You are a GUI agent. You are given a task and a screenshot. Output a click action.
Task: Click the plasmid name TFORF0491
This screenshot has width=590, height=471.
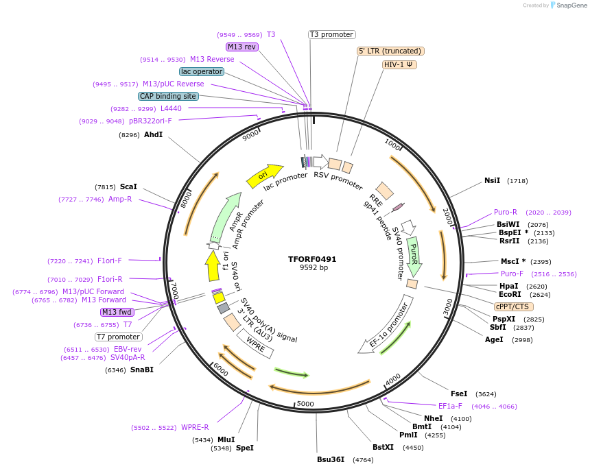click(x=312, y=259)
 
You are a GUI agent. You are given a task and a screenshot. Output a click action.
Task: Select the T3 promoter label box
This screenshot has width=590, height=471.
click(x=331, y=34)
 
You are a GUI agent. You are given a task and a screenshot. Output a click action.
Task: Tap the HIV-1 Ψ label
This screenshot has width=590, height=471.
click(x=400, y=64)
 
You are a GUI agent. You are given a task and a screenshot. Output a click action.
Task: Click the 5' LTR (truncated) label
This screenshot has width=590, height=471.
click(x=390, y=51)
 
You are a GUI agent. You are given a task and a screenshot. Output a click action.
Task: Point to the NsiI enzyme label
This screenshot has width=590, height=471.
click(x=492, y=180)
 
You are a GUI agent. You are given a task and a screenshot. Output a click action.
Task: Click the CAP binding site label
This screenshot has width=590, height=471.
click(x=168, y=96)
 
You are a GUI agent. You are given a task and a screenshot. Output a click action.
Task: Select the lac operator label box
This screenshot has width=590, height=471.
click(x=202, y=71)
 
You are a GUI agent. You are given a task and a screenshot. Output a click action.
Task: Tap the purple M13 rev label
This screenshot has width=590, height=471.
click(x=241, y=47)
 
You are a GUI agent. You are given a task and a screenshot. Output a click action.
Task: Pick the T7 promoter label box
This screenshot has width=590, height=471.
click(x=118, y=337)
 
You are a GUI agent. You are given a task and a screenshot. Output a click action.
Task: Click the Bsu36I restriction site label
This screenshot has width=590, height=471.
click(x=331, y=459)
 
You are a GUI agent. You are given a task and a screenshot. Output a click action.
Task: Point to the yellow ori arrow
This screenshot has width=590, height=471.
click(x=265, y=176)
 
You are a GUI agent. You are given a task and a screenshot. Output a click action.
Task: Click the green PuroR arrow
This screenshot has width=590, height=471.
click(x=413, y=255)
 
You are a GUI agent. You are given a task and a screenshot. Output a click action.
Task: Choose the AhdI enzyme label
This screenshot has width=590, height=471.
click(x=153, y=134)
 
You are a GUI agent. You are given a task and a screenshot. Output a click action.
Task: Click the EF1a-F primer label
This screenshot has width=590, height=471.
click(x=450, y=406)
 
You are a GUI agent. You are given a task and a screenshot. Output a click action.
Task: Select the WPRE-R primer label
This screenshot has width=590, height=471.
click(x=195, y=427)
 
